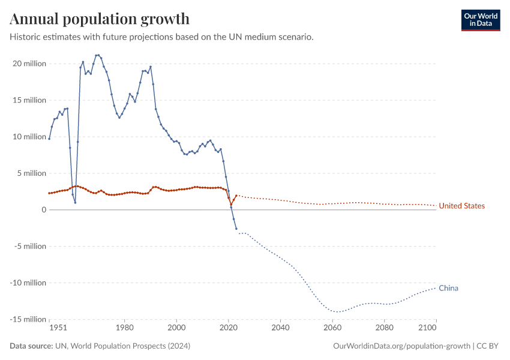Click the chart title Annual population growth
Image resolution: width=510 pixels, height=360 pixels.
pyautogui.click(x=100, y=19)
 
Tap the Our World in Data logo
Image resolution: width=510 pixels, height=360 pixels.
pyautogui.click(x=480, y=20)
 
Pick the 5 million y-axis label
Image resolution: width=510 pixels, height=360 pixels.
pyautogui.click(x=31, y=173)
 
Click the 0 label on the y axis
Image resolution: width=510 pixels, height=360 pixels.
pyautogui.click(x=43, y=210)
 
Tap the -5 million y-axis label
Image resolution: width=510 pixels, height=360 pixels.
pyautogui.click(x=29, y=247)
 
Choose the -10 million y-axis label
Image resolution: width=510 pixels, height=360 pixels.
pyautogui.click(x=28, y=283)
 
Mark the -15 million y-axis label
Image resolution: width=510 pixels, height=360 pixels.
pyautogui.click(x=28, y=319)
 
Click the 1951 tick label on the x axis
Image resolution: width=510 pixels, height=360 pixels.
pyautogui.click(x=58, y=328)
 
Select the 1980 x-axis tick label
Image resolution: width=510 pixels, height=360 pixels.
pyautogui.click(x=124, y=328)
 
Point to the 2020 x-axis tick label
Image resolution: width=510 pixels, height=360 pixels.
pyautogui.click(x=228, y=328)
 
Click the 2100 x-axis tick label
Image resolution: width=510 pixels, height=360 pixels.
pyautogui.click(x=428, y=328)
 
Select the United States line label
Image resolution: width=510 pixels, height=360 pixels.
pyautogui.click(x=461, y=206)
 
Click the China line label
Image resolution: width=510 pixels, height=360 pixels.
pyautogui.click(x=448, y=288)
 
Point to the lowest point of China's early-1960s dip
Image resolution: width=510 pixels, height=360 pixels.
pyautogui.click(x=75, y=202)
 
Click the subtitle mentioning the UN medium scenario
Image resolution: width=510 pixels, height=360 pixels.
pyautogui.click(x=161, y=37)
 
